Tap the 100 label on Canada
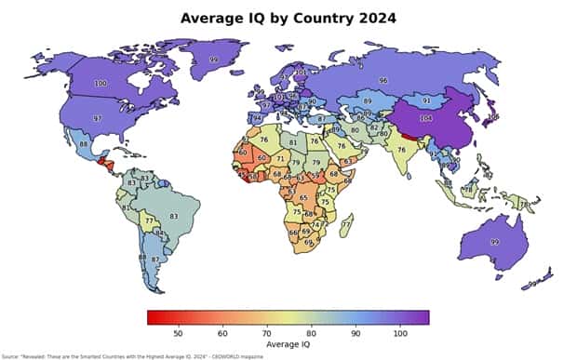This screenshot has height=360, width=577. [x=101, y=84]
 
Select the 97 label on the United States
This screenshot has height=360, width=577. [x=97, y=119]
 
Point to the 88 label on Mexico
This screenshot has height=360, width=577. [x=84, y=144]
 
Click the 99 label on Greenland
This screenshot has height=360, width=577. [x=214, y=59]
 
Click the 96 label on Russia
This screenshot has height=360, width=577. [x=382, y=81]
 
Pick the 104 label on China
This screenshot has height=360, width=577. [x=427, y=120]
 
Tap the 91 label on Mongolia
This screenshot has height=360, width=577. [x=426, y=100]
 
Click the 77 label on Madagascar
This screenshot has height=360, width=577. [x=346, y=224]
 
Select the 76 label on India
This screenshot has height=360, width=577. [x=402, y=149]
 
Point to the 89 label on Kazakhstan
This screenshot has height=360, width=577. [x=368, y=100]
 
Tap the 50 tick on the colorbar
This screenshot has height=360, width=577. [x=177, y=332]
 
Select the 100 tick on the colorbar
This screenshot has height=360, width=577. [x=399, y=332]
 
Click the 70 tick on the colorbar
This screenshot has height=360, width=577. [x=266, y=332]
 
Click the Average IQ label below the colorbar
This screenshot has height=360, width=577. [x=288, y=344]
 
